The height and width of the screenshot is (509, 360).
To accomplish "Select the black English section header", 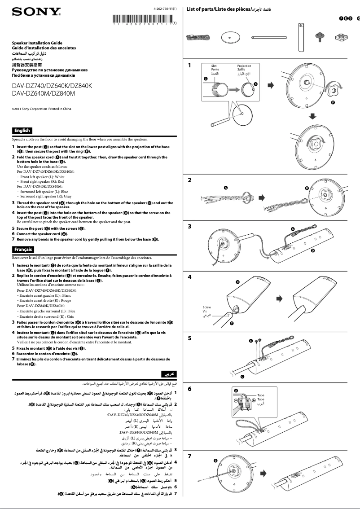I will pos(22,131).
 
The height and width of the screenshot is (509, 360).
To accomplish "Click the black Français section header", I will pos(23,248).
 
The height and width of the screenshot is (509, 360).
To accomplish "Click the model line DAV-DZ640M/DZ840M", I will pos(43,94).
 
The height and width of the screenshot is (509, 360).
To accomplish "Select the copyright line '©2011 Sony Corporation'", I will pos(41,109).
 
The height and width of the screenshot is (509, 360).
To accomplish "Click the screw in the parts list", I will pos(320,36).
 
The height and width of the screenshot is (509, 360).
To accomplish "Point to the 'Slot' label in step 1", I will pos(215,66).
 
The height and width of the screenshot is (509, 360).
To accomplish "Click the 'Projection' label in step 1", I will pos(244,66).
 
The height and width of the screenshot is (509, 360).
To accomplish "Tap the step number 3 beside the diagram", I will pos(190,227).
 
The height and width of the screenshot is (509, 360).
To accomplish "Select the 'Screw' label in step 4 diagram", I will pos(207,307).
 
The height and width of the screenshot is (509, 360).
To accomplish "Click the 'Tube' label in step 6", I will pos(261,395).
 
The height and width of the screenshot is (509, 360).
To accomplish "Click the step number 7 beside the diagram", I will pos(190,456).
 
